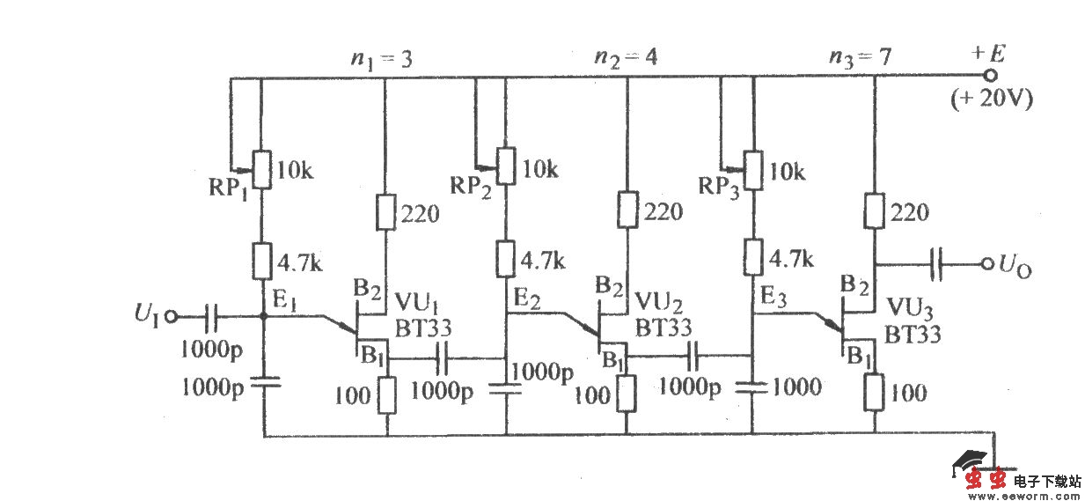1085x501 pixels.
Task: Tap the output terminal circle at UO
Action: (986, 262)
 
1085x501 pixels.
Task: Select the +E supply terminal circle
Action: (989, 77)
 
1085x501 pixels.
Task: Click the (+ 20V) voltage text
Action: (991, 99)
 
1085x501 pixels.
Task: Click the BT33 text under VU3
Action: (913, 334)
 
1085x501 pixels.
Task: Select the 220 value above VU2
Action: (663, 211)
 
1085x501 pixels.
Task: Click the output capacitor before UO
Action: (939, 262)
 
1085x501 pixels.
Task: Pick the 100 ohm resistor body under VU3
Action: (876, 391)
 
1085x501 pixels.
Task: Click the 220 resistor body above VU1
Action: (385, 212)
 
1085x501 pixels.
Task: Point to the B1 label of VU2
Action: (613, 360)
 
